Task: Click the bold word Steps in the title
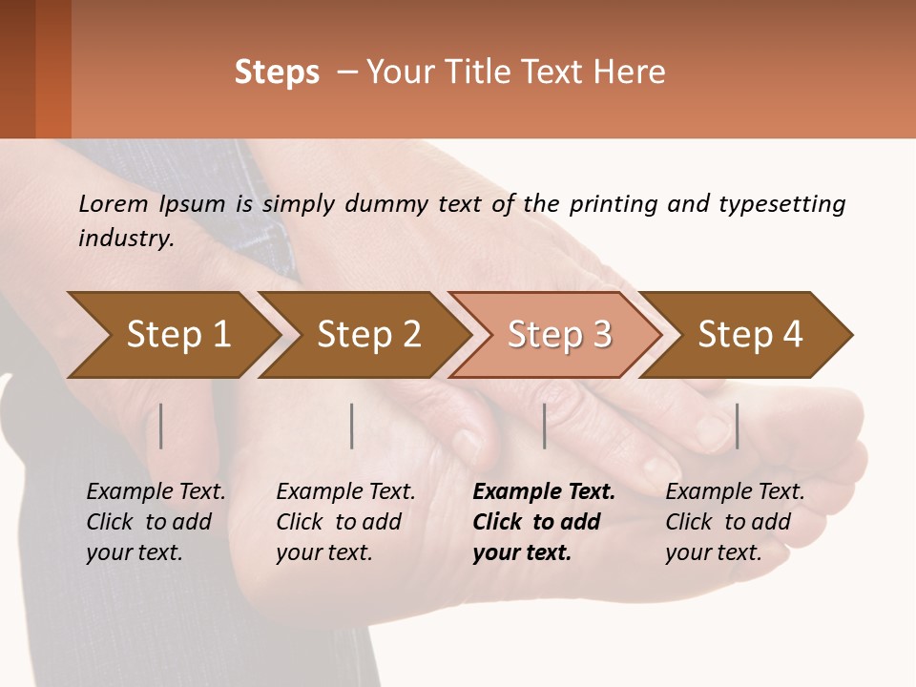coord(277,73)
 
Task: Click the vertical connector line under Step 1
coord(161,426)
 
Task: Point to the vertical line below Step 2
coord(352,426)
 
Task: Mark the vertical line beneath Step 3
coord(545,426)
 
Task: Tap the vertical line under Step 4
coord(738,426)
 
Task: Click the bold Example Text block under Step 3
coord(544,522)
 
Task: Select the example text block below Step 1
coord(156,522)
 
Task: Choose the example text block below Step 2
coord(345,522)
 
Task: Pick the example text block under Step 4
coord(735,522)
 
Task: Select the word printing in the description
coord(611,204)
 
